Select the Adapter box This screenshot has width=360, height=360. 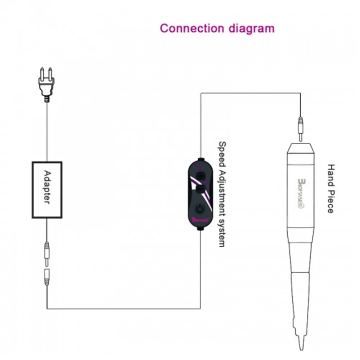47,190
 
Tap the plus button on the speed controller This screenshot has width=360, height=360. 201,175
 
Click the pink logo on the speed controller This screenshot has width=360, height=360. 199,219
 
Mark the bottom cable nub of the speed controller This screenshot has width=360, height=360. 201,228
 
